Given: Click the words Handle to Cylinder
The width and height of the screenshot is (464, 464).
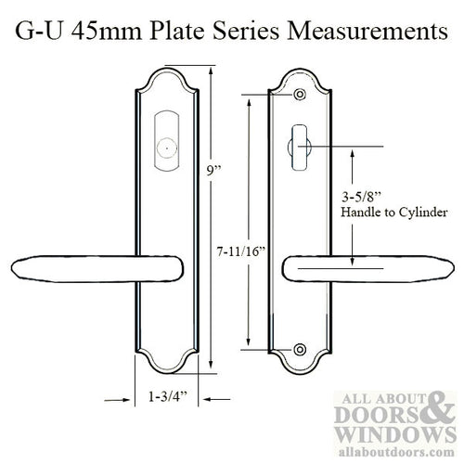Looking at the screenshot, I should point(381,214).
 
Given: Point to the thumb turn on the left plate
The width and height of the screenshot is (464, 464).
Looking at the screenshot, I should point(163,147).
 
